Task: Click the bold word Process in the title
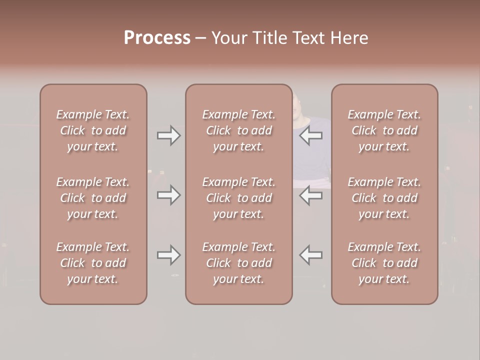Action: click(x=157, y=38)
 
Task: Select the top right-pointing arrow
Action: click(x=168, y=135)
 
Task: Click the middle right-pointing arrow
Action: click(x=168, y=195)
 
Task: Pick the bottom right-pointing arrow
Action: click(x=168, y=255)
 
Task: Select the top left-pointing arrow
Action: click(x=311, y=135)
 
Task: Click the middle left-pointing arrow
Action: click(x=311, y=195)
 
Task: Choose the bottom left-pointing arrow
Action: click(x=311, y=255)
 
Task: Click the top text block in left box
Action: click(x=93, y=130)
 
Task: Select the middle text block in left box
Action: click(x=93, y=198)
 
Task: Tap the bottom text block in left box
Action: click(x=93, y=263)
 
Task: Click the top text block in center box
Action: click(x=238, y=130)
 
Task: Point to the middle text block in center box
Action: click(x=238, y=198)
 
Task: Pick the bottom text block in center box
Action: click(x=238, y=263)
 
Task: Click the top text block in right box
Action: click(x=384, y=130)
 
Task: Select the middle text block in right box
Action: click(x=384, y=198)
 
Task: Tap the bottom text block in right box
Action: click(x=384, y=263)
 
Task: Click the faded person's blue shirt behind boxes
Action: click(x=312, y=160)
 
